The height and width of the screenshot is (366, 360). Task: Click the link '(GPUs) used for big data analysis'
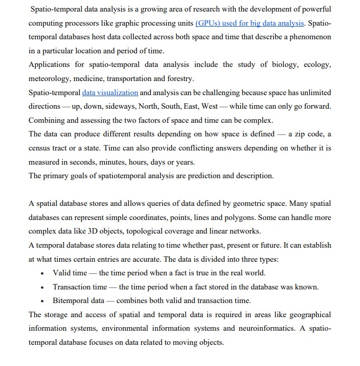click(249, 24)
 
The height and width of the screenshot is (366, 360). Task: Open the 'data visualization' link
click(110, 93)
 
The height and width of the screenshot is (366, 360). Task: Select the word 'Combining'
click(49, 120)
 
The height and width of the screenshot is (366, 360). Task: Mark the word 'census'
click(41, 148)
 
